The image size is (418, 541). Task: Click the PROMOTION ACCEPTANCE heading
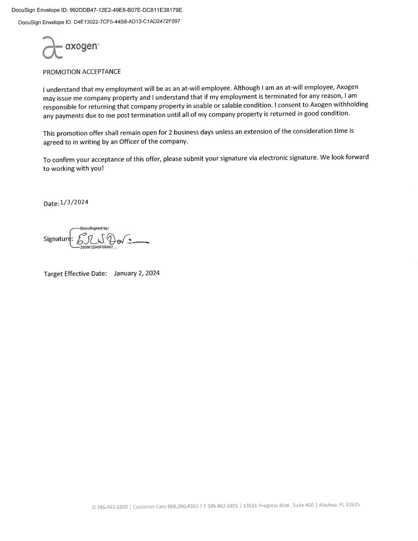coord(82,72)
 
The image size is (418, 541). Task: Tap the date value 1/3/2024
coord(74,202)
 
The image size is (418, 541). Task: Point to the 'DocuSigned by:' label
coord(94,228)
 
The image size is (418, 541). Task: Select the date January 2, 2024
coord(137,273)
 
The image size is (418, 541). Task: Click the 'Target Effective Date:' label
coord(75,273)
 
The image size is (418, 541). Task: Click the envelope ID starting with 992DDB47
coord(126,10)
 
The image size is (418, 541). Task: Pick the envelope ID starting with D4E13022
coord(127,21)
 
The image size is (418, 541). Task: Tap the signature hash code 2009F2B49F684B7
coord(97,247)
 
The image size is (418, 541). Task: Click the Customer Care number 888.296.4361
coord(183,506)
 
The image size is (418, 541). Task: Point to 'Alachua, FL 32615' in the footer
coord(339,505)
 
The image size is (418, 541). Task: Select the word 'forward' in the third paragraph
coord(356,157)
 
